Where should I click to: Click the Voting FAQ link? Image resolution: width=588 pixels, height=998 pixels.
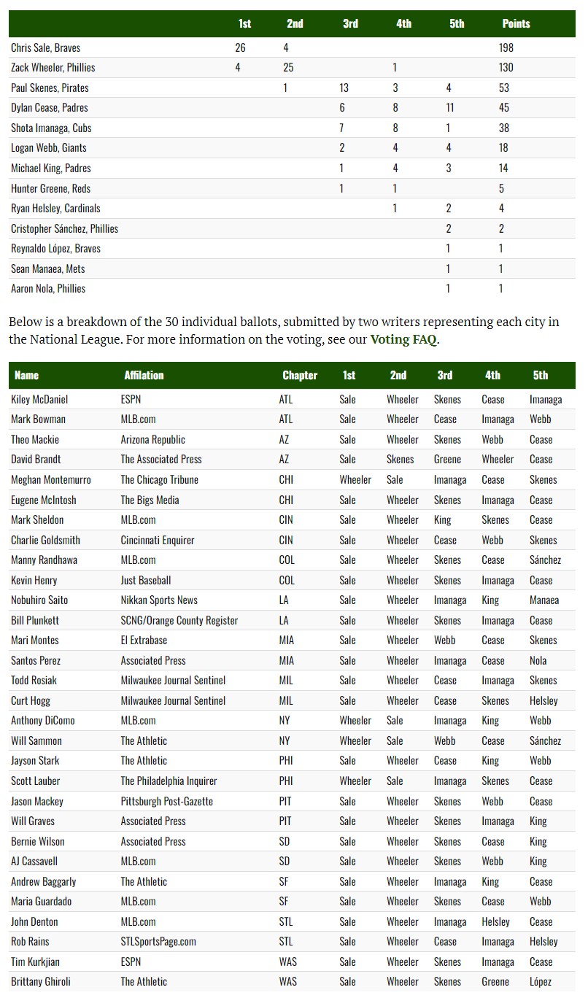(404, 339)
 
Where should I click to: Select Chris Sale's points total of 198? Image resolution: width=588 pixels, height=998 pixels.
(506, 47)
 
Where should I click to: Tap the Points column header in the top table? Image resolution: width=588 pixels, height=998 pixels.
(516, 23)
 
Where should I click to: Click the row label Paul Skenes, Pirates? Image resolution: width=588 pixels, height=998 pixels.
(50, 88)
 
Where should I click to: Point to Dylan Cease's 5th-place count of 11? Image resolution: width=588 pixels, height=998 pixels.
(450, 107)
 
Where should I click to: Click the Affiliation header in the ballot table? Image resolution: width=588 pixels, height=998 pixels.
(144, 375)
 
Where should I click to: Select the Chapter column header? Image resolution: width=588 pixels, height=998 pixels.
(300, 375)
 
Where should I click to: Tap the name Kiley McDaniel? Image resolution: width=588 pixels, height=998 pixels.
(39, 399)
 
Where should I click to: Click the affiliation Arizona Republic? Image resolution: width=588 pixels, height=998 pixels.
(152, 439)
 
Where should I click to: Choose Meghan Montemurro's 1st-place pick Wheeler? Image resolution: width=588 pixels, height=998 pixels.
(355, 479)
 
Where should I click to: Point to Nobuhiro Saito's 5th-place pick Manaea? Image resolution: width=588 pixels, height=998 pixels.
(544, 600)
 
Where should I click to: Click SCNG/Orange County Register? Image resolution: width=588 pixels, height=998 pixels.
(179, 620)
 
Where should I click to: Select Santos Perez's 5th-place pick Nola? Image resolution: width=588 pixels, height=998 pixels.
(538, 660)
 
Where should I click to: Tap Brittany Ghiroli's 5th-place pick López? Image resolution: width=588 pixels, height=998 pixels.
(541, 981)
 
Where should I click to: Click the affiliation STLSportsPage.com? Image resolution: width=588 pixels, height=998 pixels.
(158, 941)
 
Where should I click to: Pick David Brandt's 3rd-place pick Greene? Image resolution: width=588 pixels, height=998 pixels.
(447, 459)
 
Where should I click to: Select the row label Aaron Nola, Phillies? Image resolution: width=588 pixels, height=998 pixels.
(48, 288)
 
